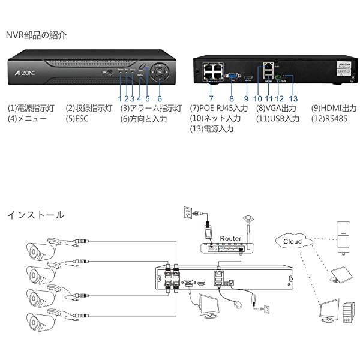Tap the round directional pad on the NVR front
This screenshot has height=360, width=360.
(x=160, y=71)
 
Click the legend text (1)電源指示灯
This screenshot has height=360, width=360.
(x=31, y=109)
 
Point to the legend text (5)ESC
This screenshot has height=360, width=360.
(x=80, y=119)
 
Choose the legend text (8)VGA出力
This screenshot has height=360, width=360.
(x=277, y=109)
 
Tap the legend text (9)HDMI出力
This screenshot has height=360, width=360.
(x=333, y=109)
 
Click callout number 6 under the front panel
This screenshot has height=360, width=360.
(x=160, y=98)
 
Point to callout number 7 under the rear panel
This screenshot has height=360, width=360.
(x=211, y=98)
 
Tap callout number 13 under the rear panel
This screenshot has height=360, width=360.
(x=293, y=98)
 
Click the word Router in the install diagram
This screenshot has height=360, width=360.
(x=230, y=238)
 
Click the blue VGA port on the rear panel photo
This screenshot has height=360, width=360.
(x=230, y=76)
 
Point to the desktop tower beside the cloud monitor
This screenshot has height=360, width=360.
(x=347, y=312)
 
